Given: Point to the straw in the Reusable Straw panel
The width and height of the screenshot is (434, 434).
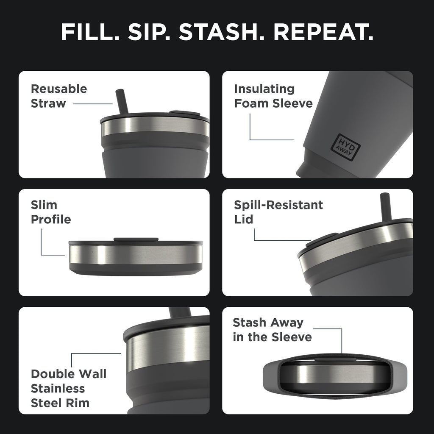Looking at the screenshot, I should tap(122, 101).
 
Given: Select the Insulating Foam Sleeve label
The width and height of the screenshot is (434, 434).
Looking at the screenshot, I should tap(273, 96).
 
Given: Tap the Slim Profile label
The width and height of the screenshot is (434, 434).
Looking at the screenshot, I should tap(50, 212).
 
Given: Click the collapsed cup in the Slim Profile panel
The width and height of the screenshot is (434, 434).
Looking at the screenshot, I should tap(136, 257).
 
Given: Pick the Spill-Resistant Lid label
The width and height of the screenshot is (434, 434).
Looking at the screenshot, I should tap(278, 212).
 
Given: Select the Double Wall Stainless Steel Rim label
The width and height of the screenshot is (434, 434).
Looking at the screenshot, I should tap(68, 388).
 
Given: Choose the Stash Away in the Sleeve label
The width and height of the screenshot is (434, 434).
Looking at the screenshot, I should tap(272, 330).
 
